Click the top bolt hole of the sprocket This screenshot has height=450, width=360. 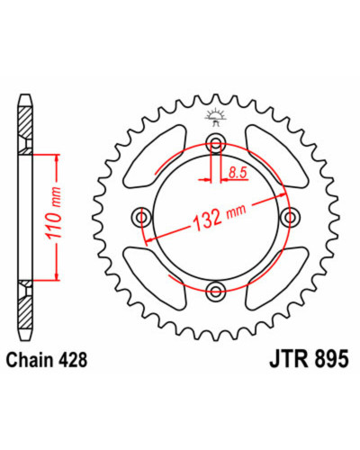pyautogui.click(x=216, y=141)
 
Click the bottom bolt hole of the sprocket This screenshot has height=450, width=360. pyautogui.click(x=216, y=290)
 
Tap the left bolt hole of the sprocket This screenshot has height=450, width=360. pyautogui.click(x=141, y=216)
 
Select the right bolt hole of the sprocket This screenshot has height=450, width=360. pyautogui.click(x=291, y=216)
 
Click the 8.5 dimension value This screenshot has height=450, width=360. pyautogui.click(x=238, y=173)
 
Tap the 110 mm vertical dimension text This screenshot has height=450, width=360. pyautogui.click(x=54, y=213)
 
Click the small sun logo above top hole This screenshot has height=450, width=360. pyautogui.click(x=215, y=118)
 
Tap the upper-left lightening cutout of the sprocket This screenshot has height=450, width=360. pyautogui.click(x=155, y=157)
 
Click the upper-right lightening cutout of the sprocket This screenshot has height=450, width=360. pyautogui.click(x=276, y=157)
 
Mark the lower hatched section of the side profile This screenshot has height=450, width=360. pyautogui.click(x=24, y=312)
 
